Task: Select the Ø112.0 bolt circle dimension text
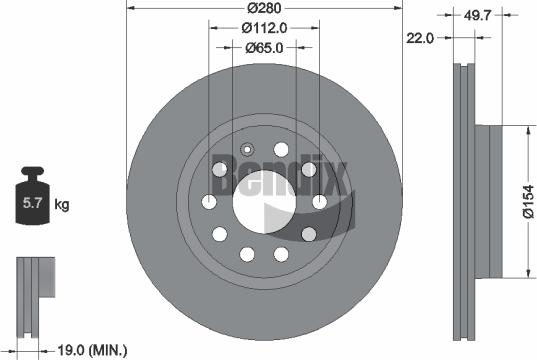(x=265, y=28)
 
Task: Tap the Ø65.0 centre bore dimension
(x=265, y=46)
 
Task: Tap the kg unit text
(x=62, y=206)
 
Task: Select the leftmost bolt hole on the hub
(x=209, y=204)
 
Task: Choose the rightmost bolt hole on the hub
(x=320, y=204)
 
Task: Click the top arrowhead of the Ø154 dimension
(x=527, y=130)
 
